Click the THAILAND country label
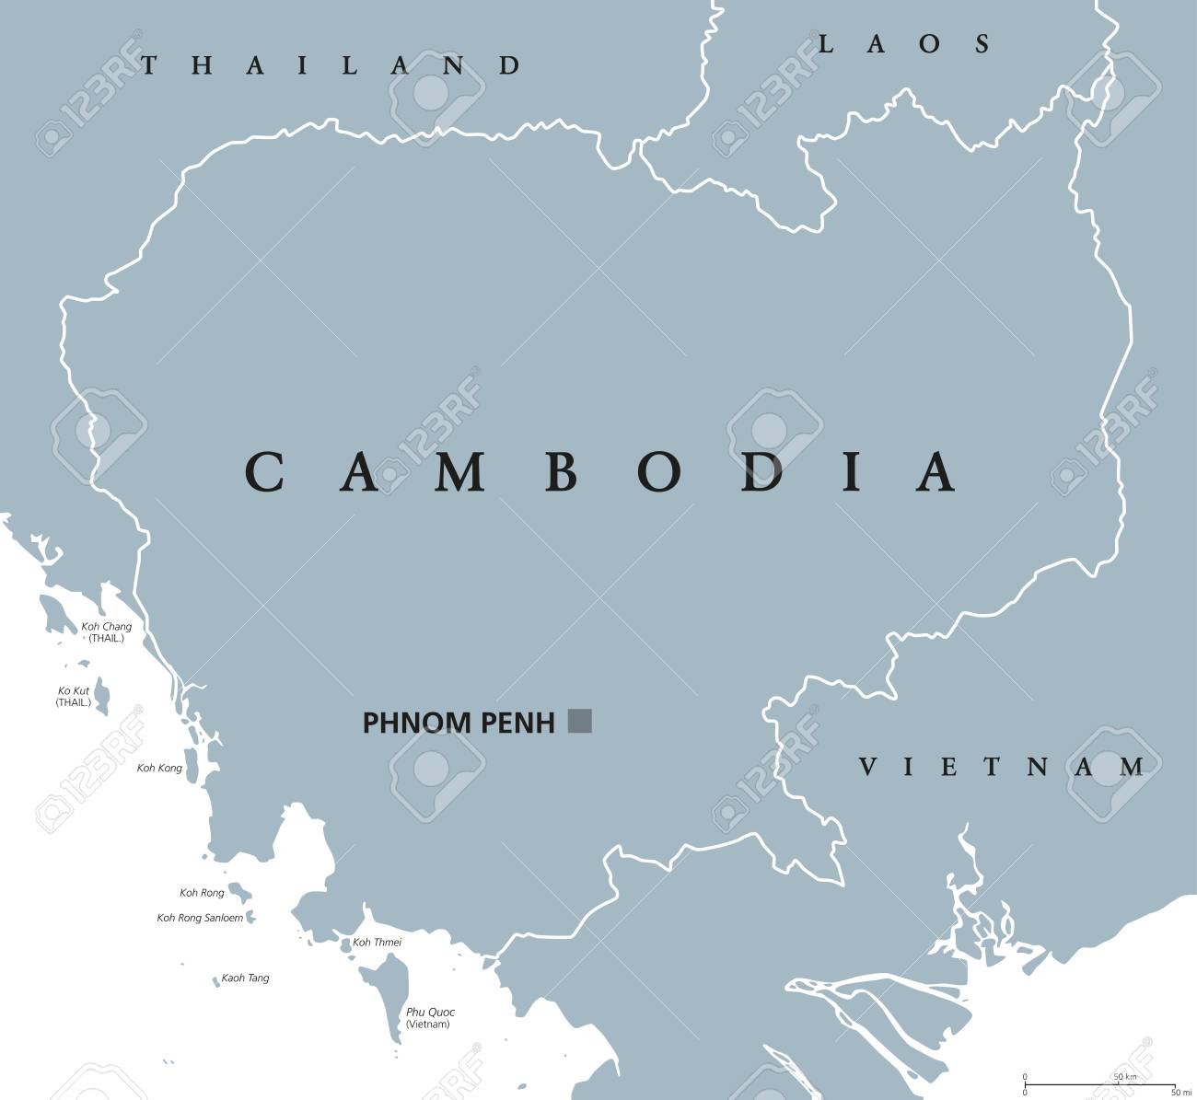click(x=331, y=64)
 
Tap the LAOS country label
click(x=904, y=43)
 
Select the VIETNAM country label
click(x=1002, y=766)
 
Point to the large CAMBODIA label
click(x=599, y=471)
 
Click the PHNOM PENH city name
click(x=459, y=723)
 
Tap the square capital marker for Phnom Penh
click(x=580, y=720)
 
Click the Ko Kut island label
click(x=74, y=696)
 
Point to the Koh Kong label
click(x=159, y=768)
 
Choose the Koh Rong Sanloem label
click(x=200, y=918)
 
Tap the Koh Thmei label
click(x=377, y=942)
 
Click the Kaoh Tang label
click(x=245, y=978)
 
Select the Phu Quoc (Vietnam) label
click(x=430, y=1018)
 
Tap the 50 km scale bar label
click(x=1124, y=1076)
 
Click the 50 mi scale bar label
click(x=1175, y=1093)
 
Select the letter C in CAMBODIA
click(x=262, y=471)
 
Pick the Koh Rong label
click(x=202, y=892)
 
